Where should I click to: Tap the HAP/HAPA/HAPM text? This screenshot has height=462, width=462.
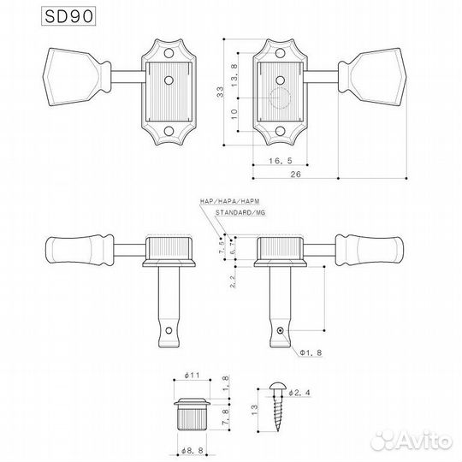[223, 199]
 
